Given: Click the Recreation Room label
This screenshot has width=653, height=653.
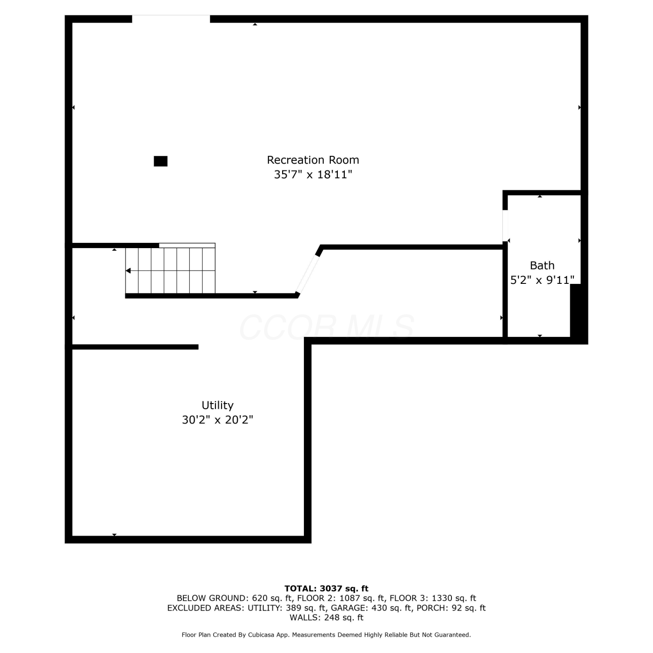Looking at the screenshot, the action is tap(313, 160).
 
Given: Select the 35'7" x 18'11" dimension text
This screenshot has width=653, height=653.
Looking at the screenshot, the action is tap(313, 175).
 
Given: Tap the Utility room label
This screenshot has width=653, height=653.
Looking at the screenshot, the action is tap(218, 405).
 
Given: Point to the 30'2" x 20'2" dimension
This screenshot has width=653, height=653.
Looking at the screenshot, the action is tap(218, 420).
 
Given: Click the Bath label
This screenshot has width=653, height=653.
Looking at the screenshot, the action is tap(542, 265).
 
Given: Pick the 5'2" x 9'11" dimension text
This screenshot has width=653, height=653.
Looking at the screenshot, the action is tap(542, 280).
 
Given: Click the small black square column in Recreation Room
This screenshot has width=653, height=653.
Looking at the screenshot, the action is tap(161, 161).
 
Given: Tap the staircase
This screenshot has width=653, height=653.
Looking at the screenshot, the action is tap(171, 270).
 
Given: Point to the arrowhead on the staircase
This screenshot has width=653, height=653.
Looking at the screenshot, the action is tap(128, 271).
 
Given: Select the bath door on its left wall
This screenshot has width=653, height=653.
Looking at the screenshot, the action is tap(505, 226).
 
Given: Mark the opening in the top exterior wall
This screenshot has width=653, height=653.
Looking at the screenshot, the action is tap(171, 19).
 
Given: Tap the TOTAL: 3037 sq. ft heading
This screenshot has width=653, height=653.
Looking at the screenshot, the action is tap(326, 589).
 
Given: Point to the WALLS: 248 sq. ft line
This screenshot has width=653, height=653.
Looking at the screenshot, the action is tap(326, 618).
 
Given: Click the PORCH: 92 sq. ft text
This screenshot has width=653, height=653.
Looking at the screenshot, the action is tap(451, 608).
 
